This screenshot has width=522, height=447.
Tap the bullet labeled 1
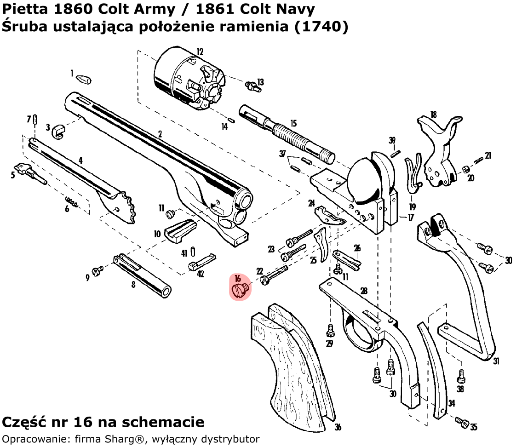(x=84, y=79)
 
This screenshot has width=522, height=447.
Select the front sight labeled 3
(x=58, y=131)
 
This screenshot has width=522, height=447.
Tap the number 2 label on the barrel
(x=160, y=134)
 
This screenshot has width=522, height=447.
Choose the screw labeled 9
(x=98, y=271)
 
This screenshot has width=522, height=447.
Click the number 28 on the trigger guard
(x=363, y=291)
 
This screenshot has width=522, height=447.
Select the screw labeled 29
(x=329, y=330)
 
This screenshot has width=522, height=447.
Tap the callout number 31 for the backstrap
(x=496, y=361)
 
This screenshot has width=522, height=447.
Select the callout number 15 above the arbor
(x=293, y=124)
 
